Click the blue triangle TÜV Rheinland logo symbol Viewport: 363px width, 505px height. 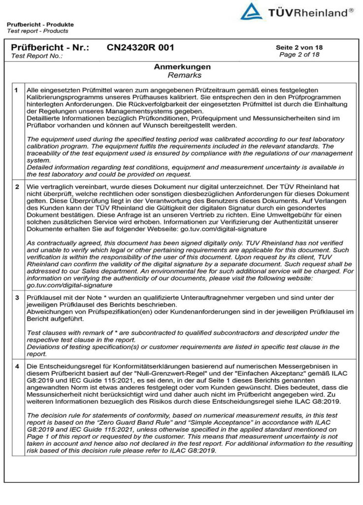coord(252,12)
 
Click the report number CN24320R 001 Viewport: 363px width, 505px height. coord(140,48)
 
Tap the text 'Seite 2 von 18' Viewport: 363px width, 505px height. coord(299,47)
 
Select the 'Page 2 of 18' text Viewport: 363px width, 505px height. coord(299,55)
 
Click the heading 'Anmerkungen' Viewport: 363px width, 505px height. coord(182,67)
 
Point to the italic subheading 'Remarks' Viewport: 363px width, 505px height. coord(182,75)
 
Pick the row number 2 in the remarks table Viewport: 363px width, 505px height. coord(17,187)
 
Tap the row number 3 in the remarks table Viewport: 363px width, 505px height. coord(17,298)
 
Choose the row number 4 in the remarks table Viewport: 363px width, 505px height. coord(17,367)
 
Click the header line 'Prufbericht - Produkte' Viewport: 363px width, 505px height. coord(40,25)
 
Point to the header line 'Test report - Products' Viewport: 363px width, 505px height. coord(38,31)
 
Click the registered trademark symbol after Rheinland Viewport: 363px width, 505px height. coord(351,10)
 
